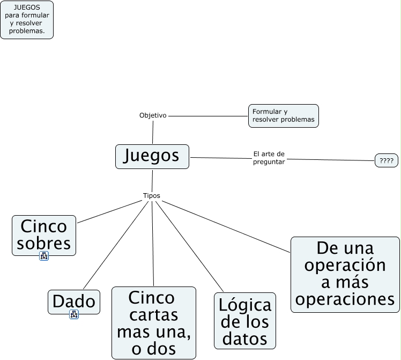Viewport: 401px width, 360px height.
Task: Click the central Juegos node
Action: [152, 156]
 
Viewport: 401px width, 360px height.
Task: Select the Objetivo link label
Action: [153, 115]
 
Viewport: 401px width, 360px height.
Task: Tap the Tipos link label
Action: [152, 196]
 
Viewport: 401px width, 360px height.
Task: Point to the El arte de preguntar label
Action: [269, 158]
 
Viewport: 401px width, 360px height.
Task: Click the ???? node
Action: [386, 160]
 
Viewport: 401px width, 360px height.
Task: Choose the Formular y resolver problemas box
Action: [283, 115]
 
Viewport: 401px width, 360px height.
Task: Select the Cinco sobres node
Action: [44, 235]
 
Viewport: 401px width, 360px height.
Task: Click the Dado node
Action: [74, 302]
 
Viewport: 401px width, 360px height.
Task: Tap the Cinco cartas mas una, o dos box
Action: [153, 322]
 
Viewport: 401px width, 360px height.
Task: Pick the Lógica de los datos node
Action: [244, 321]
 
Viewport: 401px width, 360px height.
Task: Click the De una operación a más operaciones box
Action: [345, 274]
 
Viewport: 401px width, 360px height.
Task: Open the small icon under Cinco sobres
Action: [44, 256]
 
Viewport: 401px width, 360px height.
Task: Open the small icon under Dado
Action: [74, 315]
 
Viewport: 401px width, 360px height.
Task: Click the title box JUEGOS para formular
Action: [27, 20]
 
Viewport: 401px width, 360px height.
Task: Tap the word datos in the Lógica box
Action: [244, 339]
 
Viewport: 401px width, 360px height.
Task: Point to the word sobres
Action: [44, 244]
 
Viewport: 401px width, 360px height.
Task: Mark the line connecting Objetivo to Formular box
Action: [207, 115]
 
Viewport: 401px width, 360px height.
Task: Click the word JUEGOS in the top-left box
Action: [26, 8]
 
